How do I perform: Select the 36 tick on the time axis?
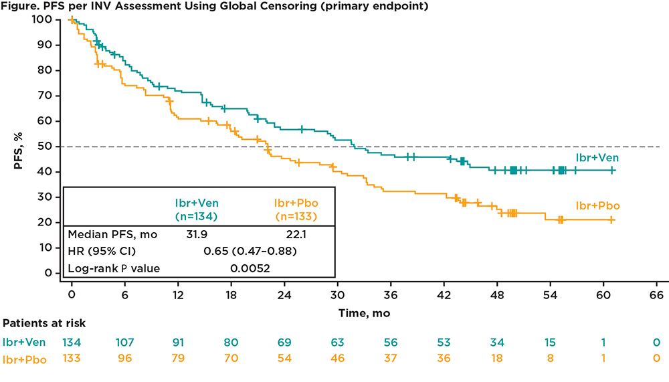pyautogui.click(x=391, y=295)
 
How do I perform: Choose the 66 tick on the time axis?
pyautogui.click(x=656, y=295)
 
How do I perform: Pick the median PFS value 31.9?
pyautogui.click(x=198, y=234)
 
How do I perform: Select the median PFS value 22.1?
pyautogui.click(x=296, y=234)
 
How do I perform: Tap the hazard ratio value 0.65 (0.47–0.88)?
pyautogui.click(x=250, y=252)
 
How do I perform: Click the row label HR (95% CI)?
pyautogui.click(x=100, y=252)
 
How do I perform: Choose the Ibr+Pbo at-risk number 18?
pyautogui.click(x=496, y=358)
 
